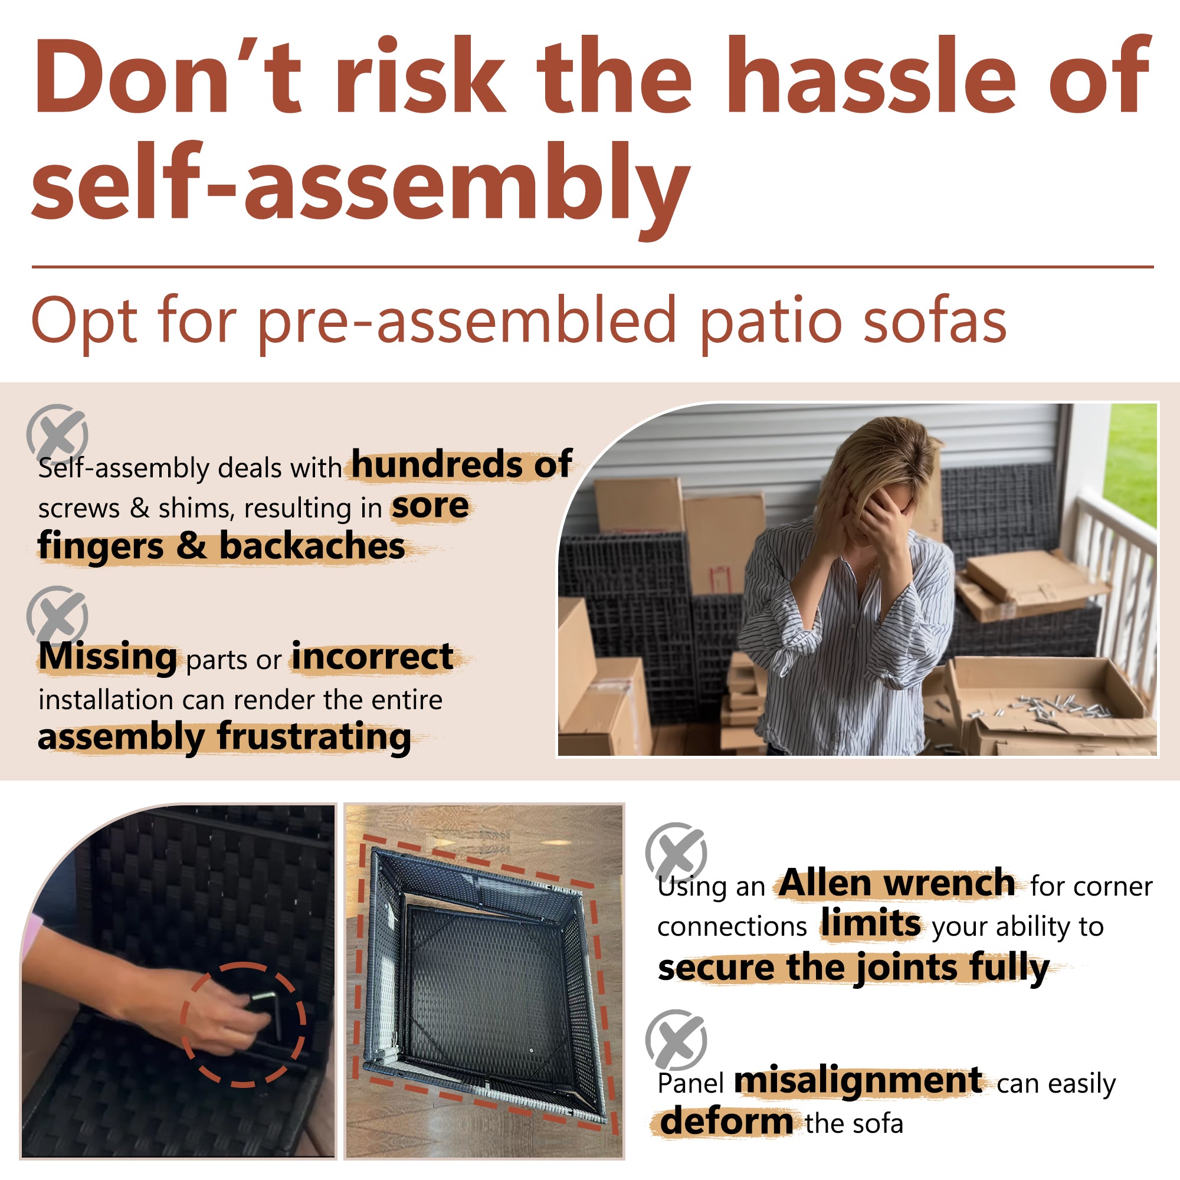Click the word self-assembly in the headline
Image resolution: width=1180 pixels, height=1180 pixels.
[x=360, y=183]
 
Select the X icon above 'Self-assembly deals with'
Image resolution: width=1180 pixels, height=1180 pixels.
[x=57, y=434]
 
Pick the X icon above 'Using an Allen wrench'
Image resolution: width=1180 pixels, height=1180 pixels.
[x=676, y=852]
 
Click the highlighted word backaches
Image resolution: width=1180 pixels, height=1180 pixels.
[x=312, y=545]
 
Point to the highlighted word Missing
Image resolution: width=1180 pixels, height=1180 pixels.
[x=107, y=657]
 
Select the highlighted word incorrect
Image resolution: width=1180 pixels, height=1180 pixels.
[x=372, y=657]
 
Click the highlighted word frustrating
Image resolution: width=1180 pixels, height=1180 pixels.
[x=314, y=736]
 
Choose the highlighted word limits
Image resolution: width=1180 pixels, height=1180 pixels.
[x=870, y=923]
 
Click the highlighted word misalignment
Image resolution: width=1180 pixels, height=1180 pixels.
[x=858, y=1081]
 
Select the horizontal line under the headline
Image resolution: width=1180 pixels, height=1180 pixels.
[x=592, y=267]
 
